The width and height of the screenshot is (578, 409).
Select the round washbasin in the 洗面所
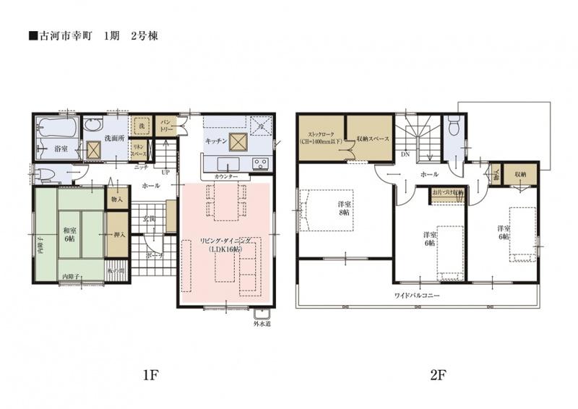point(93,124)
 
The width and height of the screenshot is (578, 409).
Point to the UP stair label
point(165,173)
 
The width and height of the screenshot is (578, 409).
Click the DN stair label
point(405,155)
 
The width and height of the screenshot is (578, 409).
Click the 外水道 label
point(261,324)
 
